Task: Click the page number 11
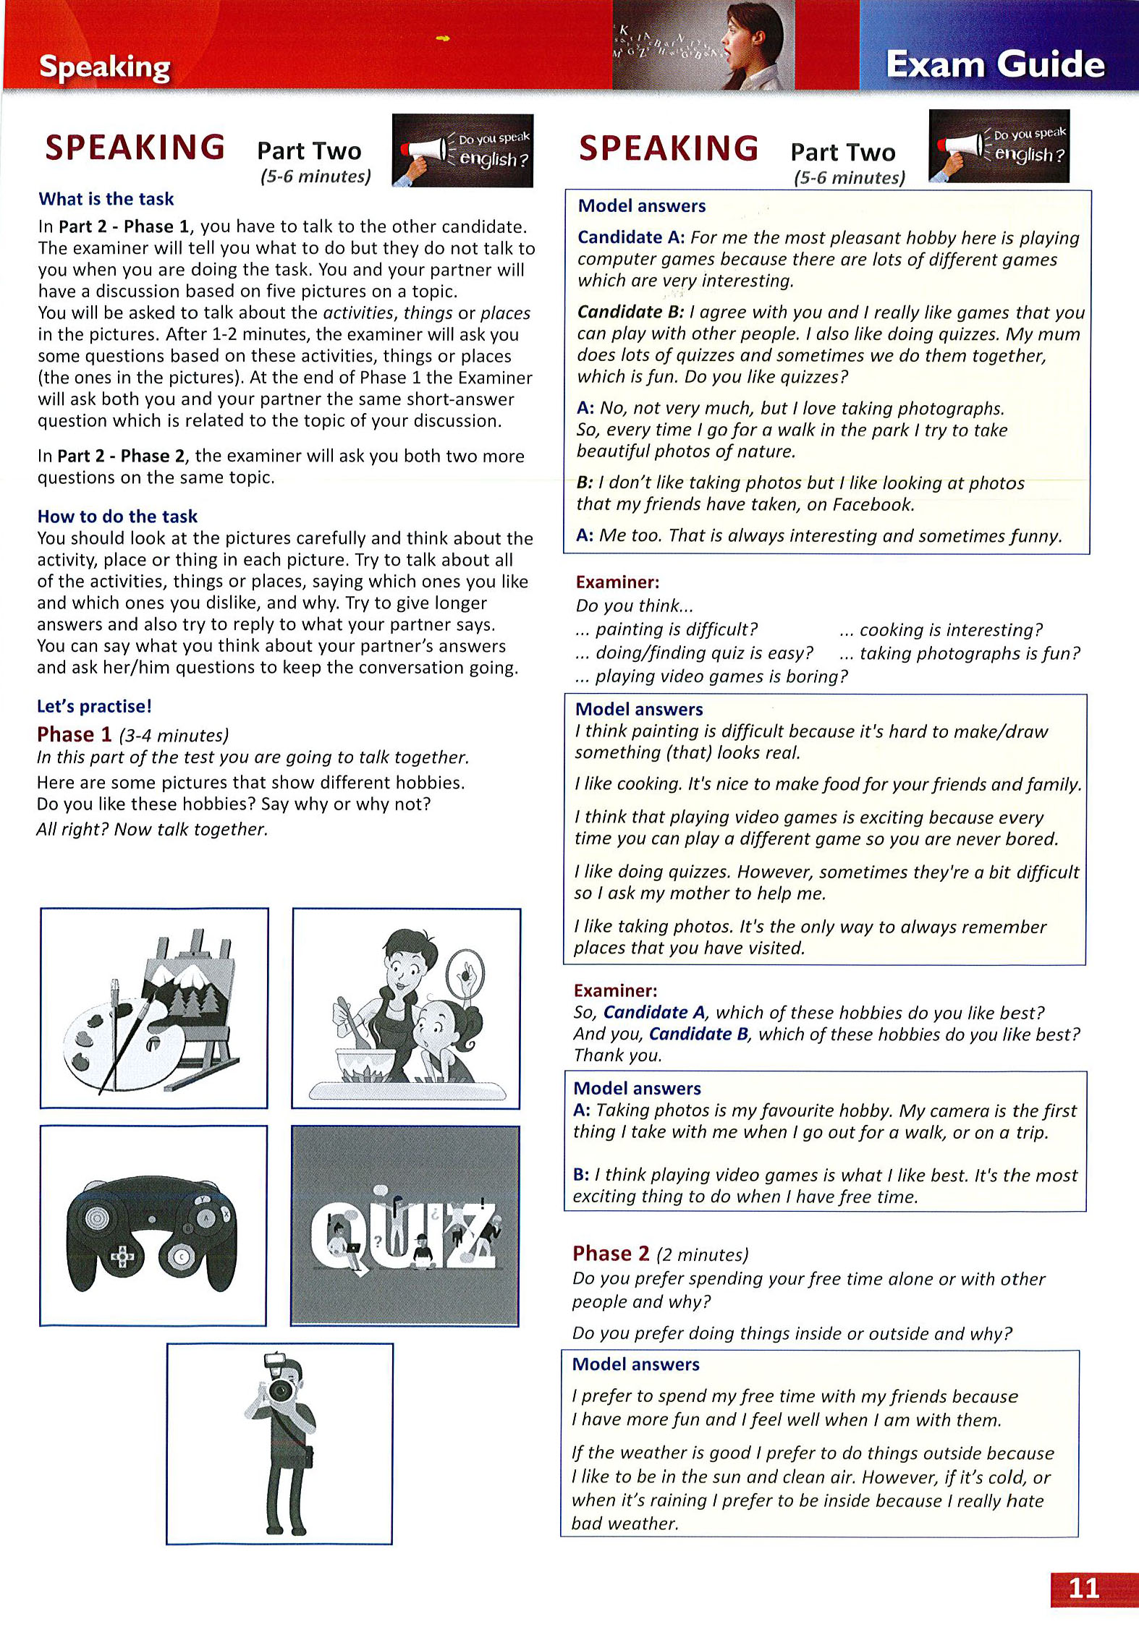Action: tap(1083, 1588)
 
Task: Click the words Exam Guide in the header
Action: tap(995, 64)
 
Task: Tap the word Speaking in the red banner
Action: tap(105, 67)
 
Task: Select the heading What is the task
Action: tap(106, 199)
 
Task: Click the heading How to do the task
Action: tap(117, 517)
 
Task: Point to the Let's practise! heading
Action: tap(95, 706)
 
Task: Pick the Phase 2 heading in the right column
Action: tap(611, 1254)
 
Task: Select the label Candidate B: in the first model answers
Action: tap(630, 312)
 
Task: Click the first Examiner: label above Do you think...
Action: tap(617, 582)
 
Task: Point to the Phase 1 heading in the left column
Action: tap(75, 735)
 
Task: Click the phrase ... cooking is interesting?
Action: tap(941, 630)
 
